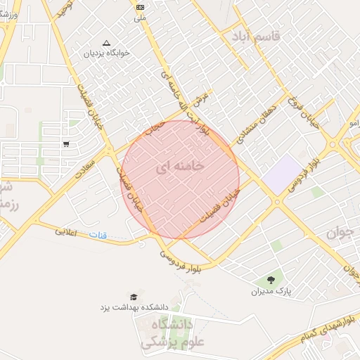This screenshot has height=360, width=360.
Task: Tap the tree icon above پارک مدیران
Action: click(271, 280)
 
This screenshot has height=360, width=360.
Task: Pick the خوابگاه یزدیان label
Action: click(104, 53)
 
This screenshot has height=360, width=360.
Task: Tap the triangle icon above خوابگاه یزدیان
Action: click(106, 42)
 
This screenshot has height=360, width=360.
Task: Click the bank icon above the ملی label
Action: click(139, 7)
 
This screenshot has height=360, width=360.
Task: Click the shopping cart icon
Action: click(66, 144)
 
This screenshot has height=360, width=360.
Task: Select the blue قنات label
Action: click(98, 234)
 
